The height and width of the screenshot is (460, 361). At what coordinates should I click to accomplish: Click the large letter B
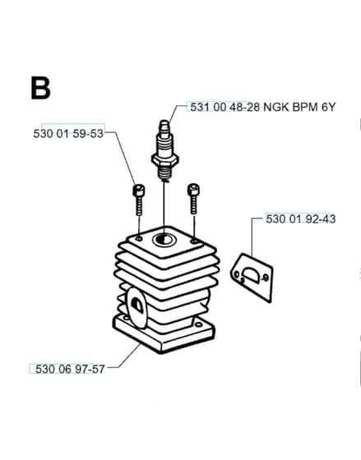click(40, 88)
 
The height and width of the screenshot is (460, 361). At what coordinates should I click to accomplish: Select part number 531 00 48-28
click(224, 107)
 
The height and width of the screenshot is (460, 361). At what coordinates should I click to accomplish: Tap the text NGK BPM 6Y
click(299, 107)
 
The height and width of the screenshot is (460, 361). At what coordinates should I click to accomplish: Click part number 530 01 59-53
click(68, 134)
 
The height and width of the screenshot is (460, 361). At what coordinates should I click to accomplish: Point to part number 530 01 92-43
click(301, 218)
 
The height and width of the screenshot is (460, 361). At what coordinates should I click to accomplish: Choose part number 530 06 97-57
click(70, 369)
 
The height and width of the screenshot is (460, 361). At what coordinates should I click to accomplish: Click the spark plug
click(164, 151)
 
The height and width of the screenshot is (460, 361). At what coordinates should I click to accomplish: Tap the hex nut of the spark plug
click(164, 161)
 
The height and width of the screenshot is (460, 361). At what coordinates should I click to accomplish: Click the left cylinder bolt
click(139, 200)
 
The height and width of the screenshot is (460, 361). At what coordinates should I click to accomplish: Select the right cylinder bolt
click(193, 199)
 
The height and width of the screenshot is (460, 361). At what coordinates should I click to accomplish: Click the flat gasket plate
click(252, 278)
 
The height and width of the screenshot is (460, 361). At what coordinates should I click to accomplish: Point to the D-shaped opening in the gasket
click(251, 274)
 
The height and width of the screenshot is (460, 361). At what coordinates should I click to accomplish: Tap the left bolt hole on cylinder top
click(139, 239)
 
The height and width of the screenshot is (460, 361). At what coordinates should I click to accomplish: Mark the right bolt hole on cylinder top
click(194, 241)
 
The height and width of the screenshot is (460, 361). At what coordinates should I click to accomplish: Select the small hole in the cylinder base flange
click(199, 324)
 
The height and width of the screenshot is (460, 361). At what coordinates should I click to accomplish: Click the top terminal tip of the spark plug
click(164, 123)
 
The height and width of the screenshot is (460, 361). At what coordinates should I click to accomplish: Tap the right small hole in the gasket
click(266, 277)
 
